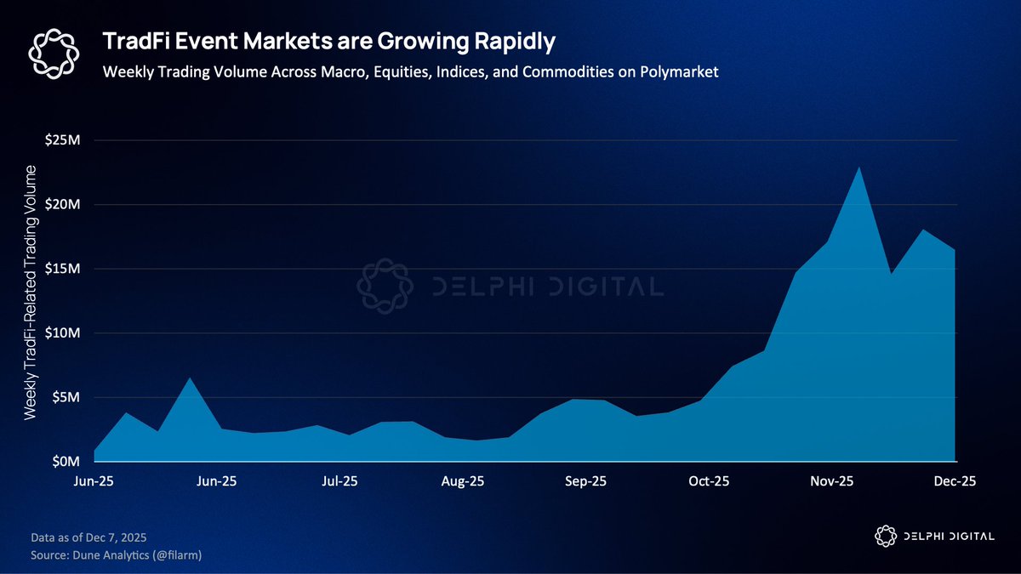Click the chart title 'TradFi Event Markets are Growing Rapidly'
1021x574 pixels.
pyautogui.click(x=328, y=41)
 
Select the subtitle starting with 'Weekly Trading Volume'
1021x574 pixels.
pyautogui.click(x=410, y=72)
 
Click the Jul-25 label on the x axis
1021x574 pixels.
pyautogui.click(x=339, y=481)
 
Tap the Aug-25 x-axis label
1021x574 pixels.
pyautogui.click(x=463, y=481)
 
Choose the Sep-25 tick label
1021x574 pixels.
pyautogui.click(x=586, y=481)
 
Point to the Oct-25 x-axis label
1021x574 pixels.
pyautogui.click(x=709, y=481)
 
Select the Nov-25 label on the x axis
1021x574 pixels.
pyautogui.click(x=832, y=481)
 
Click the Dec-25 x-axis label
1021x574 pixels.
pyautogui.click(x=955, y=481)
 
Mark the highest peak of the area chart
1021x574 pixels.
pyautogui.click(x=859, y=168)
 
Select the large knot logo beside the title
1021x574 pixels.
pyautogui.click(x=54, y=52)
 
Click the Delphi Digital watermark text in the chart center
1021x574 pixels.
pyautogui.click(x=545, y=287)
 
